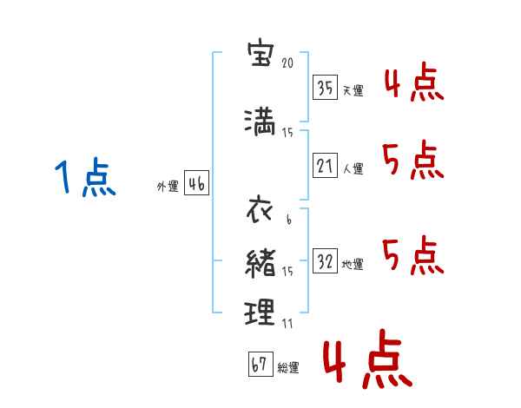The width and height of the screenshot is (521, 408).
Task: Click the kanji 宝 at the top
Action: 260,54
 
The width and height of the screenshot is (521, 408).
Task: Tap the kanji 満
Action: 260,122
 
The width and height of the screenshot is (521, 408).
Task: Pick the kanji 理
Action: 260,312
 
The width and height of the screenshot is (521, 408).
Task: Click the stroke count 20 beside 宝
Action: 287,63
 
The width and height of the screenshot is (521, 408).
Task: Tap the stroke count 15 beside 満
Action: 287,133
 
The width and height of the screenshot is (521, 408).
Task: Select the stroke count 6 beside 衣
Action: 289,220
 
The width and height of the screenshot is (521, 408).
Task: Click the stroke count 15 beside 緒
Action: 287,272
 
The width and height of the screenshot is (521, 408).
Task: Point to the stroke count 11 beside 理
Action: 287,323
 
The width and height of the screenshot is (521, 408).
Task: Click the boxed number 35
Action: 325,88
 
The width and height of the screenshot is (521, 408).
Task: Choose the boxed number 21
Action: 325,165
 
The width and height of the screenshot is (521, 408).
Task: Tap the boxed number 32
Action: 325,260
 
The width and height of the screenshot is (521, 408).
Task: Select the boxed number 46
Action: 196,183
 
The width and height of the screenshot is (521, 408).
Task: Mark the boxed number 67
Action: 260,364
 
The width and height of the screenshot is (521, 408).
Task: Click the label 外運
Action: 168,187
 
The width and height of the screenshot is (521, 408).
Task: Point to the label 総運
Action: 288,368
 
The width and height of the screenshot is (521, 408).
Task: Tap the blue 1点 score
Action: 85,177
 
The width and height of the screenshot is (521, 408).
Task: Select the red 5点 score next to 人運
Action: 413,160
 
